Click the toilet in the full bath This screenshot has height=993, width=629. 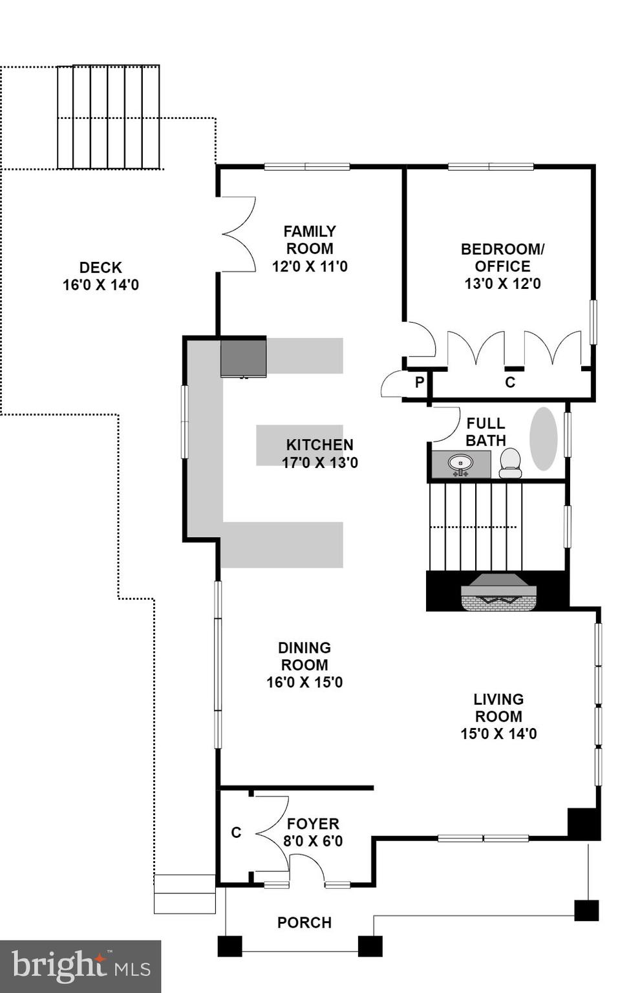pos(510,463)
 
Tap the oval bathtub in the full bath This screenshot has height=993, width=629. pos(543,438)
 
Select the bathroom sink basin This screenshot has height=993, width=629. pos(460,463)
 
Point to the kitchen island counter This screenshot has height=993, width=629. pos(299,445)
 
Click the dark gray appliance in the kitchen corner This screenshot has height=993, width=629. pos(243,357)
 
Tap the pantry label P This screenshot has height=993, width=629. pos(419,382)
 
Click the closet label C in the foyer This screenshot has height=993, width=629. pos(236,833)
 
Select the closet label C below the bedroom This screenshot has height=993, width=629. pos(509,382)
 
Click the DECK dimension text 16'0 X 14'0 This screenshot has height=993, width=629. pos(100,284)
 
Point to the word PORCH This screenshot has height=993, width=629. pos(304,923)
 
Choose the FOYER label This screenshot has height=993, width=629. pos(313,824)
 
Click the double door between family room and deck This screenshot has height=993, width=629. pos(238,234)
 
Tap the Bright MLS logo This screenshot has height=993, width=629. pos(80,966)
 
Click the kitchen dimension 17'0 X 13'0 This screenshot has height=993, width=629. pos(319,462)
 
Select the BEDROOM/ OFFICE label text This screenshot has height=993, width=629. pos(502,257)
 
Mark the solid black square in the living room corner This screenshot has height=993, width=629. pos(583,824)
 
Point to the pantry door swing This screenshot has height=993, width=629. pos(392,385)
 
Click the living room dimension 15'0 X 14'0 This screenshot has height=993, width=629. pos(498,734)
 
